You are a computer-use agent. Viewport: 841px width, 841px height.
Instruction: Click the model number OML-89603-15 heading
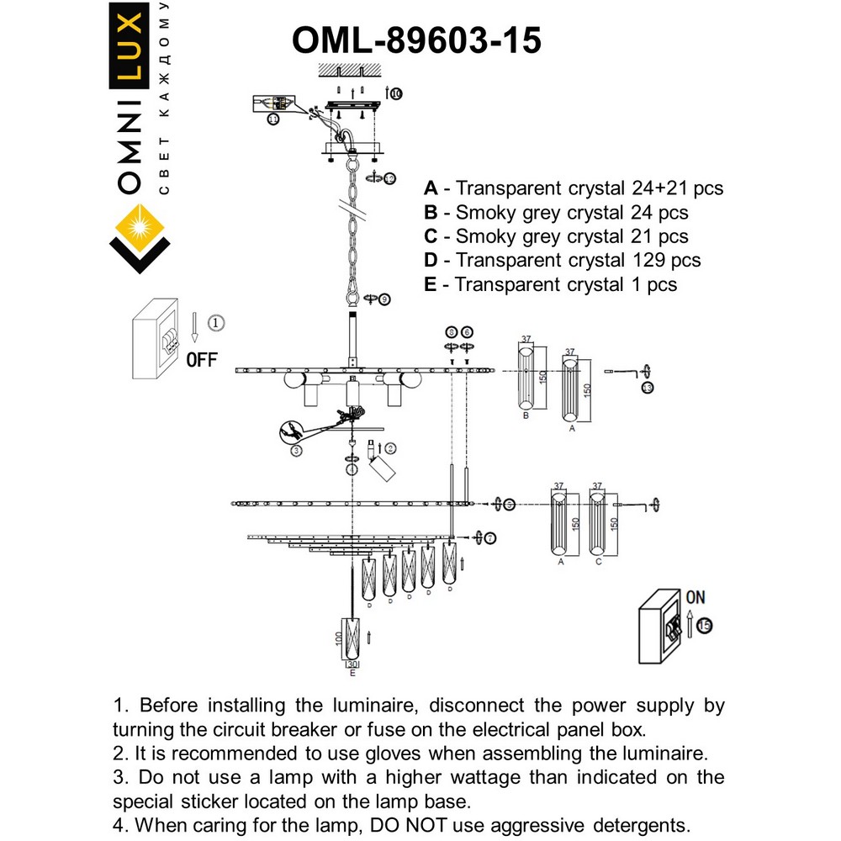415,40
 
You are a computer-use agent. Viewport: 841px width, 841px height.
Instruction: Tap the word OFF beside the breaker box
201,360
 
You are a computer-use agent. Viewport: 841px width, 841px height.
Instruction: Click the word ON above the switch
696,597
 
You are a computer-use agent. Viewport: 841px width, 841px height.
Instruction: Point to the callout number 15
704,626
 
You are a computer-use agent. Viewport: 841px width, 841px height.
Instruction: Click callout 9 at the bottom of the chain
383,299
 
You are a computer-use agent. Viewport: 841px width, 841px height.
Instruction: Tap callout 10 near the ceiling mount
396,93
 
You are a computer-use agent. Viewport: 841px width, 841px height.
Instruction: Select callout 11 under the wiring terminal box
273,120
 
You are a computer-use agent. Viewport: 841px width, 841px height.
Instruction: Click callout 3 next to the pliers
296,451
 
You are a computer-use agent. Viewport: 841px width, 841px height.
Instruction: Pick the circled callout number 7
490,537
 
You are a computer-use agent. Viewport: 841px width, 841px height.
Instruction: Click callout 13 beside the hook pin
646,388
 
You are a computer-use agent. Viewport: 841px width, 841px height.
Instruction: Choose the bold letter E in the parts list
431,285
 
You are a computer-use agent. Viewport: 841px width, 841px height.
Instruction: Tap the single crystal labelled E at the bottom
352,640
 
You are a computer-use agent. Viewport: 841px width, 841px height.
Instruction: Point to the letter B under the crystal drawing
525,415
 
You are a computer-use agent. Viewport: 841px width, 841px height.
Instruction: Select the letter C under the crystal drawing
598,561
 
